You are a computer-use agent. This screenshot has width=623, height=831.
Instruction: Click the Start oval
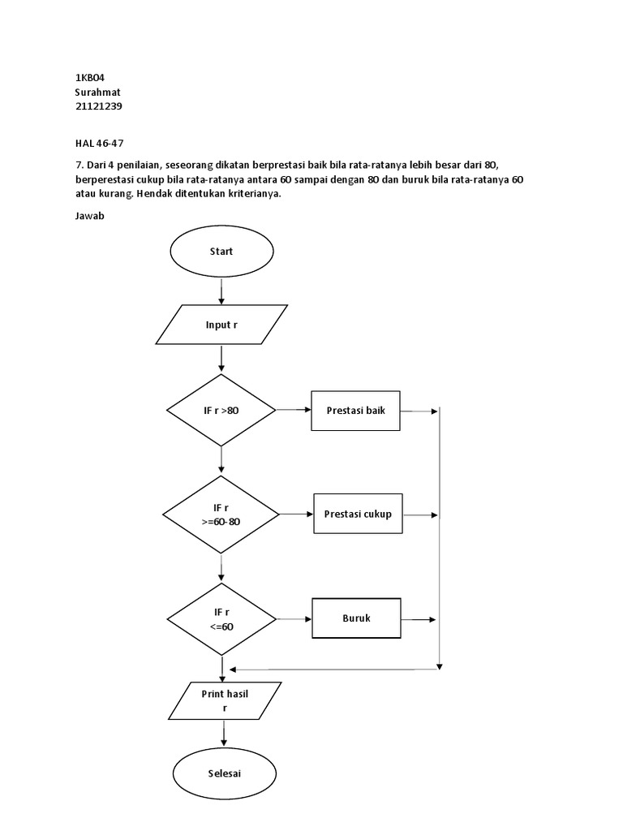tap(221, 252)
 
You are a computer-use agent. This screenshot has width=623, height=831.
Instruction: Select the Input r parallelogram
tap(221, 325)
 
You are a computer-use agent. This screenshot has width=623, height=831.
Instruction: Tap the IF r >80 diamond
tap(221, 411)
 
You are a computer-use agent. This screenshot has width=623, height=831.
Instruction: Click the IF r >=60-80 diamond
tap(221, 515)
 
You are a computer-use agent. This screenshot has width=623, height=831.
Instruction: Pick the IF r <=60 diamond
tap(221, 618)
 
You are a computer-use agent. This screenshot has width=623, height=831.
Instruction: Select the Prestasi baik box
tap(356, 411)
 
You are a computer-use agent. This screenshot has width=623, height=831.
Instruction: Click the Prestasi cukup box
tap(358, 514)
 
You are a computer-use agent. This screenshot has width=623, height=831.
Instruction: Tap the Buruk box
tap(356, 618)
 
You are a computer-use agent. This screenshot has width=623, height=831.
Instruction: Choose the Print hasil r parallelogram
tap(225, 700)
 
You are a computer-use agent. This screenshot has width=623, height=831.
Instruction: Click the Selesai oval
tap(223, 773)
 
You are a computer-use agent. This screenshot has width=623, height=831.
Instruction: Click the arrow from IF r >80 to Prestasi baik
tap(294, 411)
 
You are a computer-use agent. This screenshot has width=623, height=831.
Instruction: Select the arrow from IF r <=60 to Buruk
tap(295, 618)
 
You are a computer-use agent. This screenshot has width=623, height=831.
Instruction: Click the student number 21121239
tap(98, 106)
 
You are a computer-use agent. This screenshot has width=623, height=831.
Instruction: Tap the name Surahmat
tap(97, 92)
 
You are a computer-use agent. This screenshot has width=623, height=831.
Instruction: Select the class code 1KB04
tap(90, 77)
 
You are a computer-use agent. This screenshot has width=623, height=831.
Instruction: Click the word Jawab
tap(89, 217)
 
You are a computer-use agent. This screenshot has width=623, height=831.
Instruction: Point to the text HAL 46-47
tap(99, 143)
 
